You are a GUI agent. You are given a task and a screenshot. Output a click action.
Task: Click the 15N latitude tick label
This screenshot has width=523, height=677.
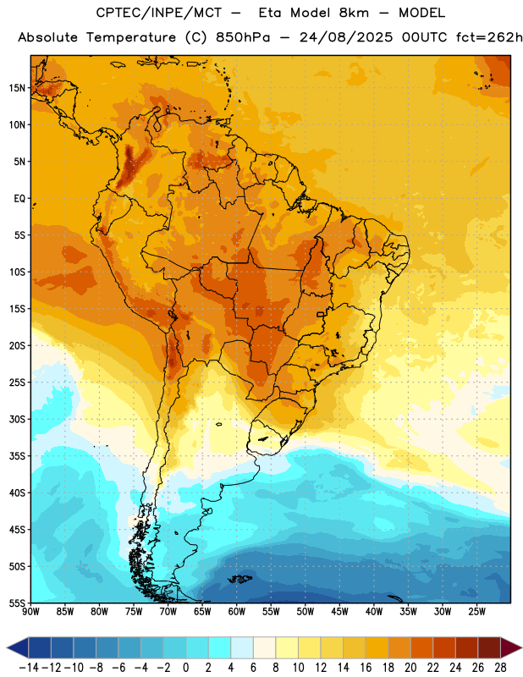coord(17,88)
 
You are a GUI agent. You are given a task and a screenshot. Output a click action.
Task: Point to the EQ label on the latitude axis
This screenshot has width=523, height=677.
coord(19,199)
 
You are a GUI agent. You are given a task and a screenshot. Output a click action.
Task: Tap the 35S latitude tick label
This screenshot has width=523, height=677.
coord(17,456)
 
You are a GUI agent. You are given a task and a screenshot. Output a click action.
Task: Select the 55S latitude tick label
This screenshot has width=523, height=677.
coord(17,603)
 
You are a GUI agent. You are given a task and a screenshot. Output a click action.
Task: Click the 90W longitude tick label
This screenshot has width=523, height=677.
coord(30,612)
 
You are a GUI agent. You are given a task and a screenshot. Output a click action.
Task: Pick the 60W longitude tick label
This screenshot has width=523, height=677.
coord(237,612)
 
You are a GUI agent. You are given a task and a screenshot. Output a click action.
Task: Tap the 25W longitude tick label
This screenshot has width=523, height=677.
coord(476,612)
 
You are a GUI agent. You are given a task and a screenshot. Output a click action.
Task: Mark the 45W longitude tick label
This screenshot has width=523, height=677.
coord(339,612)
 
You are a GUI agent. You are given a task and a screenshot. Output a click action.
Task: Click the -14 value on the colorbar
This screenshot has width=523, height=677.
coord(29,668)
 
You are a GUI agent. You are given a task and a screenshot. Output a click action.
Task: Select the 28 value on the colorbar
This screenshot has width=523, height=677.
coord(500,668)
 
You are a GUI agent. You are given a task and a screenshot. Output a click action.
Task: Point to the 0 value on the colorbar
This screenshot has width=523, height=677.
coord(186,668)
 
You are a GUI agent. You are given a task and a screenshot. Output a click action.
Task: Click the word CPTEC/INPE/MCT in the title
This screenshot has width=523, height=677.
coord(159,13)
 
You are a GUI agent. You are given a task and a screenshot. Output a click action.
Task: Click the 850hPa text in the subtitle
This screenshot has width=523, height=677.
coord(243,37)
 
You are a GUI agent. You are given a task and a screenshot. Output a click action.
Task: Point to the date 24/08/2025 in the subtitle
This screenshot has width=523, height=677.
coord(346,37)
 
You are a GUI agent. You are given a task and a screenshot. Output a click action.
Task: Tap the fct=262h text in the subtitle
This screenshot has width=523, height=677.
coord(490,37)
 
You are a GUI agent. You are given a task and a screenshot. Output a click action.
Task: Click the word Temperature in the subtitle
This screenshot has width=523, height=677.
coord(131,38)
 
